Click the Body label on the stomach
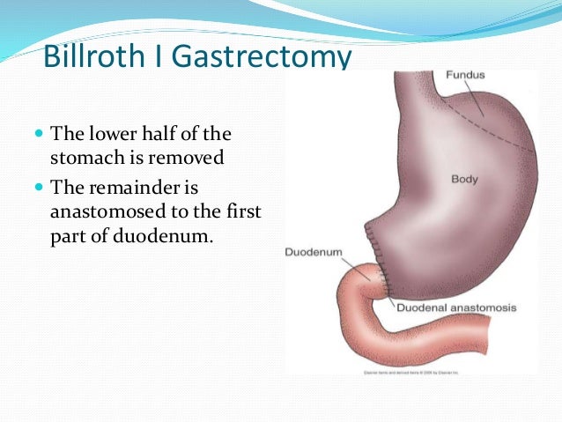pos(464,179)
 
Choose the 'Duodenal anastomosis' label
pos(455,308)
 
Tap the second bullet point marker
pos(38,188)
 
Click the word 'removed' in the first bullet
pos(191,159)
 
